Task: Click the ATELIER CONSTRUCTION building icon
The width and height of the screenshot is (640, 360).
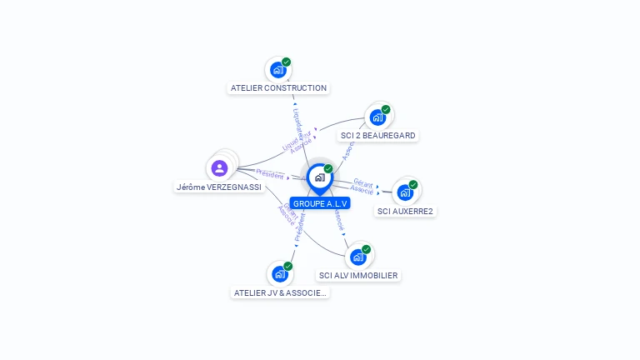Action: tap(277, 70)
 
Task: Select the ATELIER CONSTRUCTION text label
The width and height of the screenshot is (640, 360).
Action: tap(278, 87)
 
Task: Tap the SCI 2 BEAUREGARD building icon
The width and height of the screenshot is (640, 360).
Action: tap(377, 117)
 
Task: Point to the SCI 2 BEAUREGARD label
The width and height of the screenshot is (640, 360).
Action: tap(378, 135)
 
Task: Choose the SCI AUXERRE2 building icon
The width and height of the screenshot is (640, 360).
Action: tap(405, 192)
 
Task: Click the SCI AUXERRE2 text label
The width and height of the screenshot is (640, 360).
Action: tap(405, 211)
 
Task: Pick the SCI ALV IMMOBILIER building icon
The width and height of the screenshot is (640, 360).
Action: tap(358, 257)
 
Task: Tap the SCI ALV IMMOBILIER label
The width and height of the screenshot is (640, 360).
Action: tap(358, 275)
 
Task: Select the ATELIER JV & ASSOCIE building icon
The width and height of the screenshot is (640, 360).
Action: tap(280, 273)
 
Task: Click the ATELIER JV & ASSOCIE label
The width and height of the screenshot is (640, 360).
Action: tap(280, 292)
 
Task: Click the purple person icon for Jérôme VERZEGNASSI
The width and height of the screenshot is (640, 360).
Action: tap(220, 168)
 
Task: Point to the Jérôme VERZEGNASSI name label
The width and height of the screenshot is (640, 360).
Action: tap(219, 187)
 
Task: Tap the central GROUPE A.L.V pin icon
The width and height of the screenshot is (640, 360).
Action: tap(319, 177)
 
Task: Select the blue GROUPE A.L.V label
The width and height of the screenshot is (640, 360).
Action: tap(320, 203)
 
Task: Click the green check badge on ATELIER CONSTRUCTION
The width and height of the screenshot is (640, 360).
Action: tap(287, 62)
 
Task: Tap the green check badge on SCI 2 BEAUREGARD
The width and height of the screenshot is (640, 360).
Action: tap(386, 109)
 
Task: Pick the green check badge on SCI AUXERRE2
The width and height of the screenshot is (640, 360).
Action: tap(413, 184)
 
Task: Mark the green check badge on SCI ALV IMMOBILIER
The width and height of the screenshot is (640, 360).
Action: tap(367, 248)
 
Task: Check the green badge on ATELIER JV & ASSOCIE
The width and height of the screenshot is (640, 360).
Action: tap(288, 266)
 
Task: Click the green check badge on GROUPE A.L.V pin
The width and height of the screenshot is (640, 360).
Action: tap(328, 168)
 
